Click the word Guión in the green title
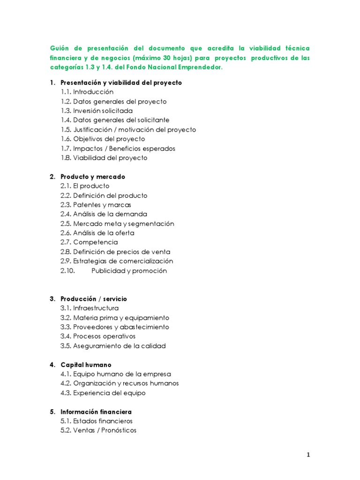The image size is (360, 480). (60, 49)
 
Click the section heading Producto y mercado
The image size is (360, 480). (93, 177)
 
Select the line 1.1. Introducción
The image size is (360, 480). (87, 92)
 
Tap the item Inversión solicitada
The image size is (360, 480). (103, 111)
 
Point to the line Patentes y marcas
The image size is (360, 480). (102, 205)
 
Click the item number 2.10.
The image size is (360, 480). (68, 270)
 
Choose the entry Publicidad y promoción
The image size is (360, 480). (129, 270)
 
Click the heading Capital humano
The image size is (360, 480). (86, 365)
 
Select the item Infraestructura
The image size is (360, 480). (96, 308)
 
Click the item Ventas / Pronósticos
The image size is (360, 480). (105, 430)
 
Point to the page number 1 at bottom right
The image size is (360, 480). (308, 455)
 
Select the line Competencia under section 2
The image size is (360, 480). (95, 242)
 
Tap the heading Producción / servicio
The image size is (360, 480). (94, 299)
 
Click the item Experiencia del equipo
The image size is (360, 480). (109, 393)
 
